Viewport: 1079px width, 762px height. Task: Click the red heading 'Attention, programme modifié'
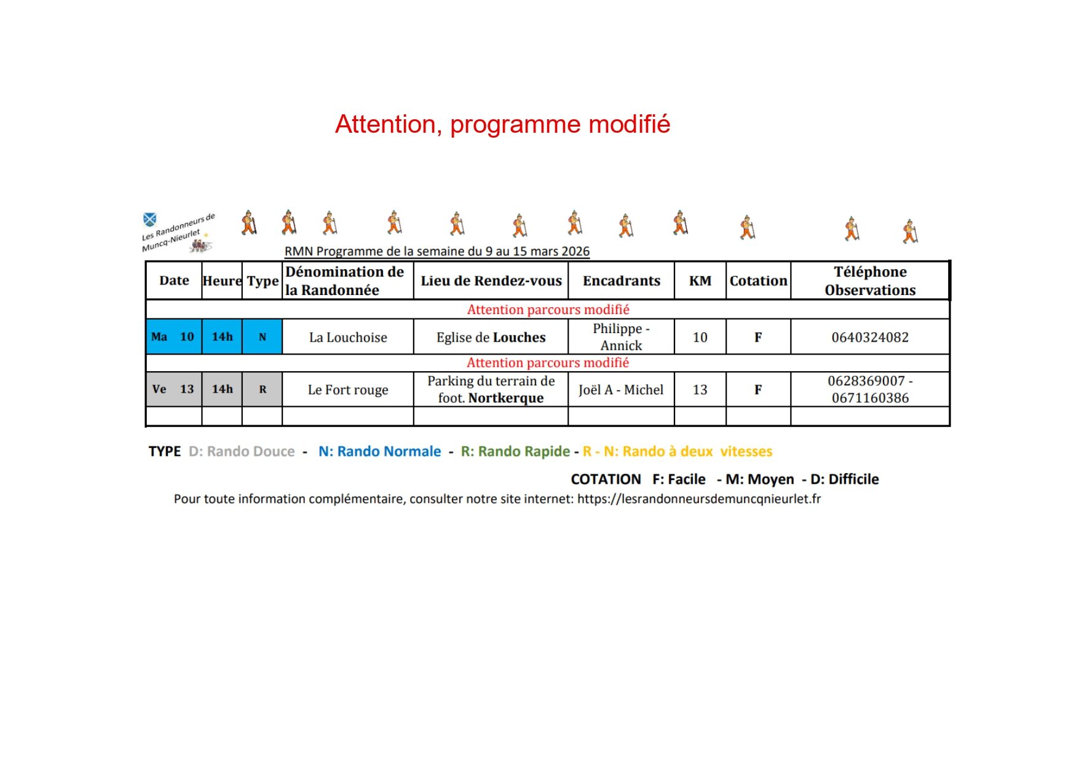(x=502, y=124)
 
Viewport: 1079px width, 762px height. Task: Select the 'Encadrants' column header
(x=621, y=281)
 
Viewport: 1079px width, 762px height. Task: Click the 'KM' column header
(x=700, y=281)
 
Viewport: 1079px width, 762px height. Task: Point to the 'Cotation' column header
(x=758, y=281)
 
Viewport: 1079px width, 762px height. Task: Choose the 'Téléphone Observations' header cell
(x=869, y=281)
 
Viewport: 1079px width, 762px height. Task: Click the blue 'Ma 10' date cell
(x=173, y=337)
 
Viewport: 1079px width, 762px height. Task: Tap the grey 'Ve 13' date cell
(x=173, y=389)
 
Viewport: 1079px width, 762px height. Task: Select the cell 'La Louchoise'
(x=348, y=337)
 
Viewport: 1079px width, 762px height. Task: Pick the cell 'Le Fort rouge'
(x=348, y=390)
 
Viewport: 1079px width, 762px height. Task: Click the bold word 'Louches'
(x=519, y=337)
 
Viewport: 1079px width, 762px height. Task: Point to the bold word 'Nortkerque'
(x=506, y=398)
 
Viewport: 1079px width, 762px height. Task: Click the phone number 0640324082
(x=869, y=337)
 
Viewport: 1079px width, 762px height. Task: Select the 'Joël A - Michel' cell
(x=621, y=390)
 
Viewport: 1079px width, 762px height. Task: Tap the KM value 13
(x=700, y=390)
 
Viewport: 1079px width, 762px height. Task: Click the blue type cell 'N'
(x=263, y=337)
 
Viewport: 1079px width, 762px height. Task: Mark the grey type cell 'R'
(x=263, y=389)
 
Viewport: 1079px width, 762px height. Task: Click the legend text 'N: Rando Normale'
(x=379, y=452)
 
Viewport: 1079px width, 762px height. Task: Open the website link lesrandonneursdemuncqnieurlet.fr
(x=698, y=499)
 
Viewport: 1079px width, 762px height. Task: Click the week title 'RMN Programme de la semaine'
(x=437, y=251)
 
